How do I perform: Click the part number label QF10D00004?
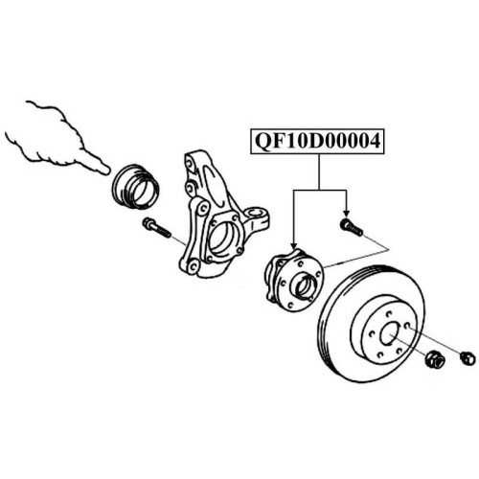coord(318,142)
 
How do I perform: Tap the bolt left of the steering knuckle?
coord(156,227)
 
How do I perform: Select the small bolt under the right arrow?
coord(352,226)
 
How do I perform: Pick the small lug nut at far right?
coord(468,358)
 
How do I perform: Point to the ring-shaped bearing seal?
coord(135,187)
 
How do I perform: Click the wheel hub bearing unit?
coord(295,280)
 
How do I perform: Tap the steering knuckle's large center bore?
coord(223,238)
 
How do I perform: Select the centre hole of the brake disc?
coord(390,333)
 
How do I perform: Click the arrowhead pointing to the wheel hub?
coord(294,246)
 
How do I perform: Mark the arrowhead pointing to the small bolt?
coord(346,215)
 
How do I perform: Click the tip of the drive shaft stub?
coord(106,171)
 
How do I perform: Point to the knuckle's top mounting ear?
coord(191,162)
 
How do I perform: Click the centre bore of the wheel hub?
coord(305,285)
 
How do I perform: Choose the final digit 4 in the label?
coord(374,142)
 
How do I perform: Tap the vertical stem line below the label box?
coord(319,172)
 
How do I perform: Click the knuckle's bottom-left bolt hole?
coord(193,266)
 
